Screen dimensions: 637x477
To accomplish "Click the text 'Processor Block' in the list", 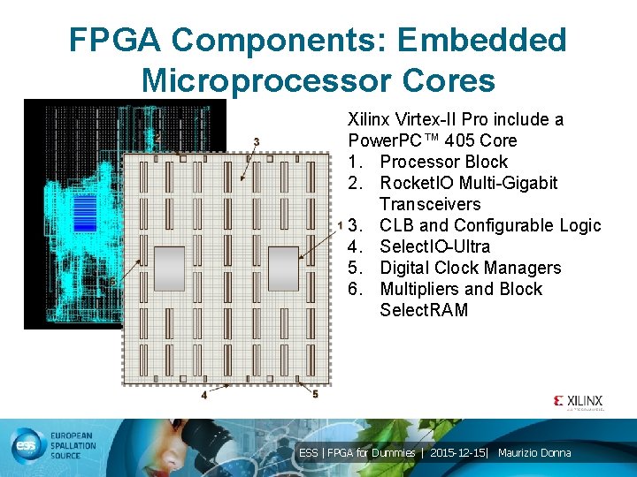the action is [x=443, y=162].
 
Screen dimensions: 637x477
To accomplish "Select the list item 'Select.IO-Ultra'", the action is [x=434, y=246].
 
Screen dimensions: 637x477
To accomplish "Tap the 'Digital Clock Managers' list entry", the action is [x=470, y=268].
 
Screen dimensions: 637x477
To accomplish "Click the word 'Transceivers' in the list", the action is [x=430, y=204].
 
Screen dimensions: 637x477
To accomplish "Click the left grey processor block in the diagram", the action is [x=170, y=269].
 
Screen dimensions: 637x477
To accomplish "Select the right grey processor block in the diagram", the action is [x=283, y=269].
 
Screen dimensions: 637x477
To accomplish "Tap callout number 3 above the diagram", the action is [x=257, y=141].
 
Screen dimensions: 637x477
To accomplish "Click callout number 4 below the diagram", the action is [x=204, y=395].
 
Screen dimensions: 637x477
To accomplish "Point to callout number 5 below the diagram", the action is [x=315, y=394].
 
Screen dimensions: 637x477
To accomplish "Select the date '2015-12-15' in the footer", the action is [x=460, y=453].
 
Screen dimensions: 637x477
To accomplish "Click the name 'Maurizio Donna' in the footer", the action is [x=534, y=453].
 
